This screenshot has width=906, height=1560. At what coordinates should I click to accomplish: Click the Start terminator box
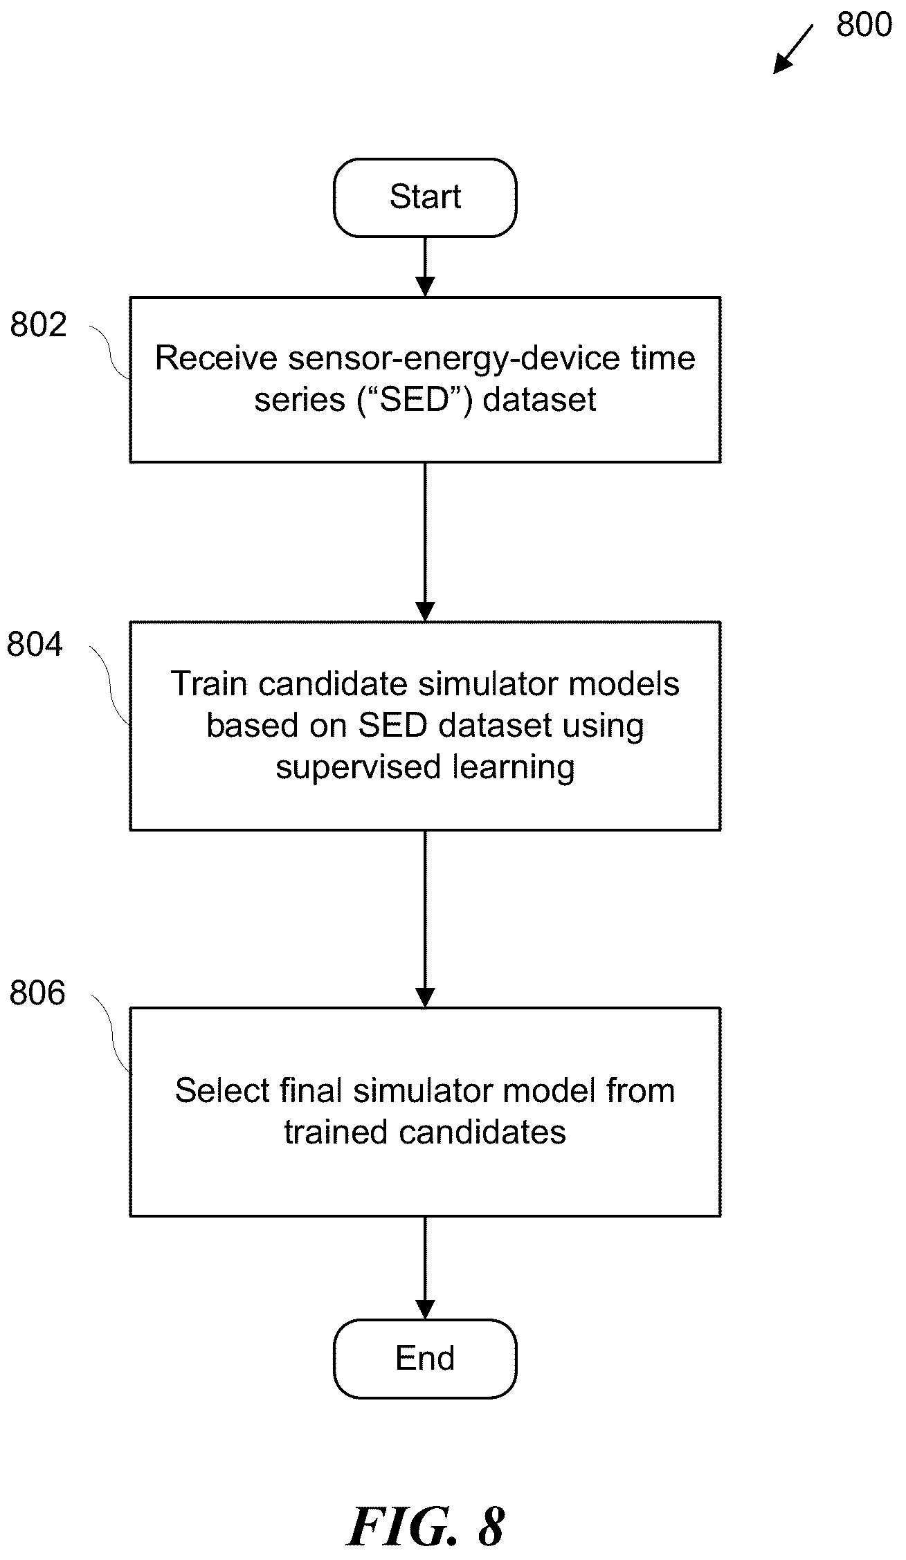(x=425, y=197)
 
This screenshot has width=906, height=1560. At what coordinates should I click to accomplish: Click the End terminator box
(x=425, y=1358)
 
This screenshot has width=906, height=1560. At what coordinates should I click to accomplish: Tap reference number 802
(x=39, y=324)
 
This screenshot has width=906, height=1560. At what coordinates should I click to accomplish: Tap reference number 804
(x=35, y=644)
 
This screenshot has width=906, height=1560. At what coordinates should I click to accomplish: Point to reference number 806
(x=37, y=993)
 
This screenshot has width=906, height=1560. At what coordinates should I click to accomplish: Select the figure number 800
(x=864, y=25)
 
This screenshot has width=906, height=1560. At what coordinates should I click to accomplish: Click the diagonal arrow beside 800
(x=793, y=49)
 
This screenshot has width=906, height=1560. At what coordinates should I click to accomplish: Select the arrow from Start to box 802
(x=425, y=267)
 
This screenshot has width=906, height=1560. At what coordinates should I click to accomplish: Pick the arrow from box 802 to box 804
(x=425, y=542)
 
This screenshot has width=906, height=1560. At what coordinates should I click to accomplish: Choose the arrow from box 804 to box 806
(x=425, y=919)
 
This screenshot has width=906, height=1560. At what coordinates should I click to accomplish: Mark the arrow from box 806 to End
(x=425, y=1267)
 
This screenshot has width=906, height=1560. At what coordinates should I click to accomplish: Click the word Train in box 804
(x=209, y=683)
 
